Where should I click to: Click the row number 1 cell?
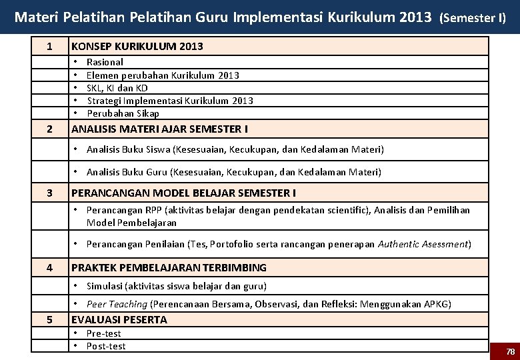click(x=50, y=46)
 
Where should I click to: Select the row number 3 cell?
click(x=50, y=193)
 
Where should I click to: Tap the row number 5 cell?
click(x=50, y=320)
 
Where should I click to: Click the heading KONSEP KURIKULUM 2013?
click(x=137, y=46)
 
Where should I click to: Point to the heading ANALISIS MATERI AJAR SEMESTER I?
click(x=160, y=129)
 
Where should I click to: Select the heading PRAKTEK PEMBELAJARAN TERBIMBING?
click(x=169, y=268)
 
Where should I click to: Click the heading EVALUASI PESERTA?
click(x=119, y=320)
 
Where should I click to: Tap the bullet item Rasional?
click(x=105, y=62)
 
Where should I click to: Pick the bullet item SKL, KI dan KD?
click(x=117, y=88)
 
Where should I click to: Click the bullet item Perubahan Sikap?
click(x=123, y=113)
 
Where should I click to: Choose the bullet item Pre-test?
click(x=104, y=333)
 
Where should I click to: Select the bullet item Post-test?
click(x=106, y=346)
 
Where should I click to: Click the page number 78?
click(x=511, y=351)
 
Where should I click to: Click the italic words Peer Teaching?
click(x=117, y=304)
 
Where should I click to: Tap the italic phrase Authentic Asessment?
click(x=423, y=244)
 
